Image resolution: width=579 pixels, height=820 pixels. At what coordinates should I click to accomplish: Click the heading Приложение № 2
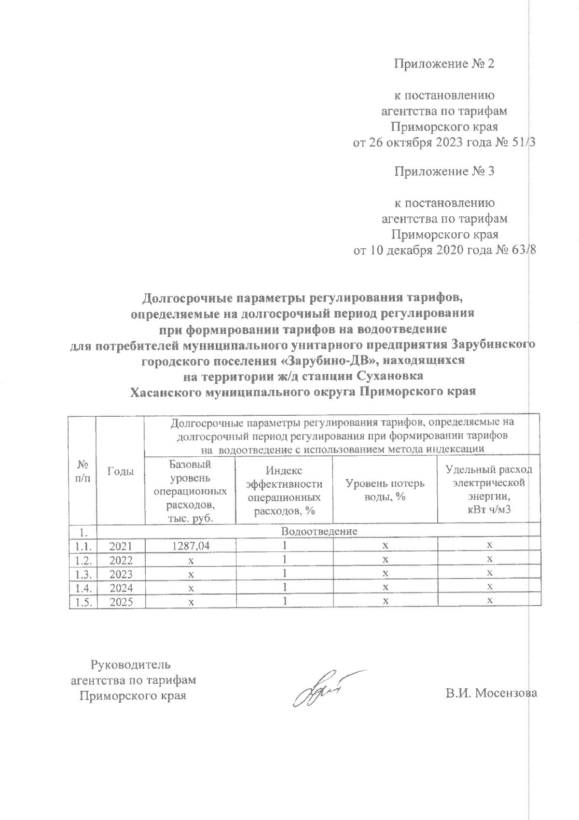(x=444, y=64)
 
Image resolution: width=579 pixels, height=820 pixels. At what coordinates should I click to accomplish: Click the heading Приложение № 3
(x=444, y=171)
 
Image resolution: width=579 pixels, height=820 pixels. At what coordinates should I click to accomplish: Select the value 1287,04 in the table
(x=191, y=546)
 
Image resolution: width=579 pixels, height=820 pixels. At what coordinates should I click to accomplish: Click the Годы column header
(x=121, y=472)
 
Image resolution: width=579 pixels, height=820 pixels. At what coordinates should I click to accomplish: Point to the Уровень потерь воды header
(x=385, y=490)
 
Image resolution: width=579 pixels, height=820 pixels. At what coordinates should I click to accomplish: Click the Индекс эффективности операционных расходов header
(x=284, y=490)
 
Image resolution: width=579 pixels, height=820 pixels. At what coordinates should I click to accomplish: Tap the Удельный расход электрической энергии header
(x=488, y=490)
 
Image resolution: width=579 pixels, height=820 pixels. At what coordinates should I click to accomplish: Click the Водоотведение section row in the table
(x=319, y=531)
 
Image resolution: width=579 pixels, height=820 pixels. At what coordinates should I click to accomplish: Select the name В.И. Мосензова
(x=491, y=693)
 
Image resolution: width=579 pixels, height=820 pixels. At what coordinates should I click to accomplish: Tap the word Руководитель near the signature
(x=131, y=664)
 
